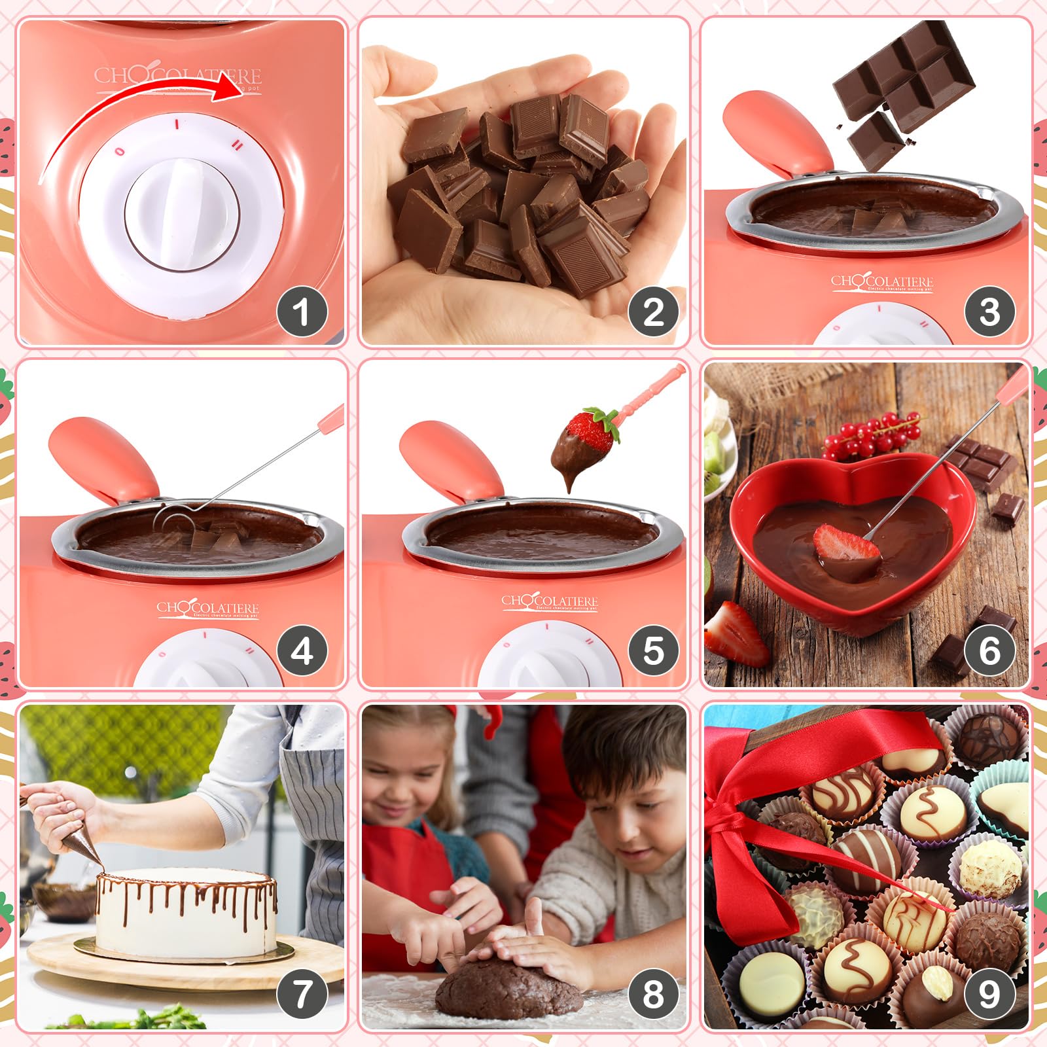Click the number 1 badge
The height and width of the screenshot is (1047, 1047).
[x=302, y=311]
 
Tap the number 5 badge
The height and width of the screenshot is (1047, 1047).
[x=653, y=650]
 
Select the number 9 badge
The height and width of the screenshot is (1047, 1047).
[x=989, y=993]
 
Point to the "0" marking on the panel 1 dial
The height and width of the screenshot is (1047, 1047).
[x=119, y=152]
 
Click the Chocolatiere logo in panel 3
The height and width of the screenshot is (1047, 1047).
[x=881, y=281]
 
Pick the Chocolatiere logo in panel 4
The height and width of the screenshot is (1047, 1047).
[x=207, y=609]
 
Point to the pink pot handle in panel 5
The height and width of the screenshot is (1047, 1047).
[x=452, y=459]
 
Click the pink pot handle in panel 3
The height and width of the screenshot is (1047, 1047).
[x=777, y=132]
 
